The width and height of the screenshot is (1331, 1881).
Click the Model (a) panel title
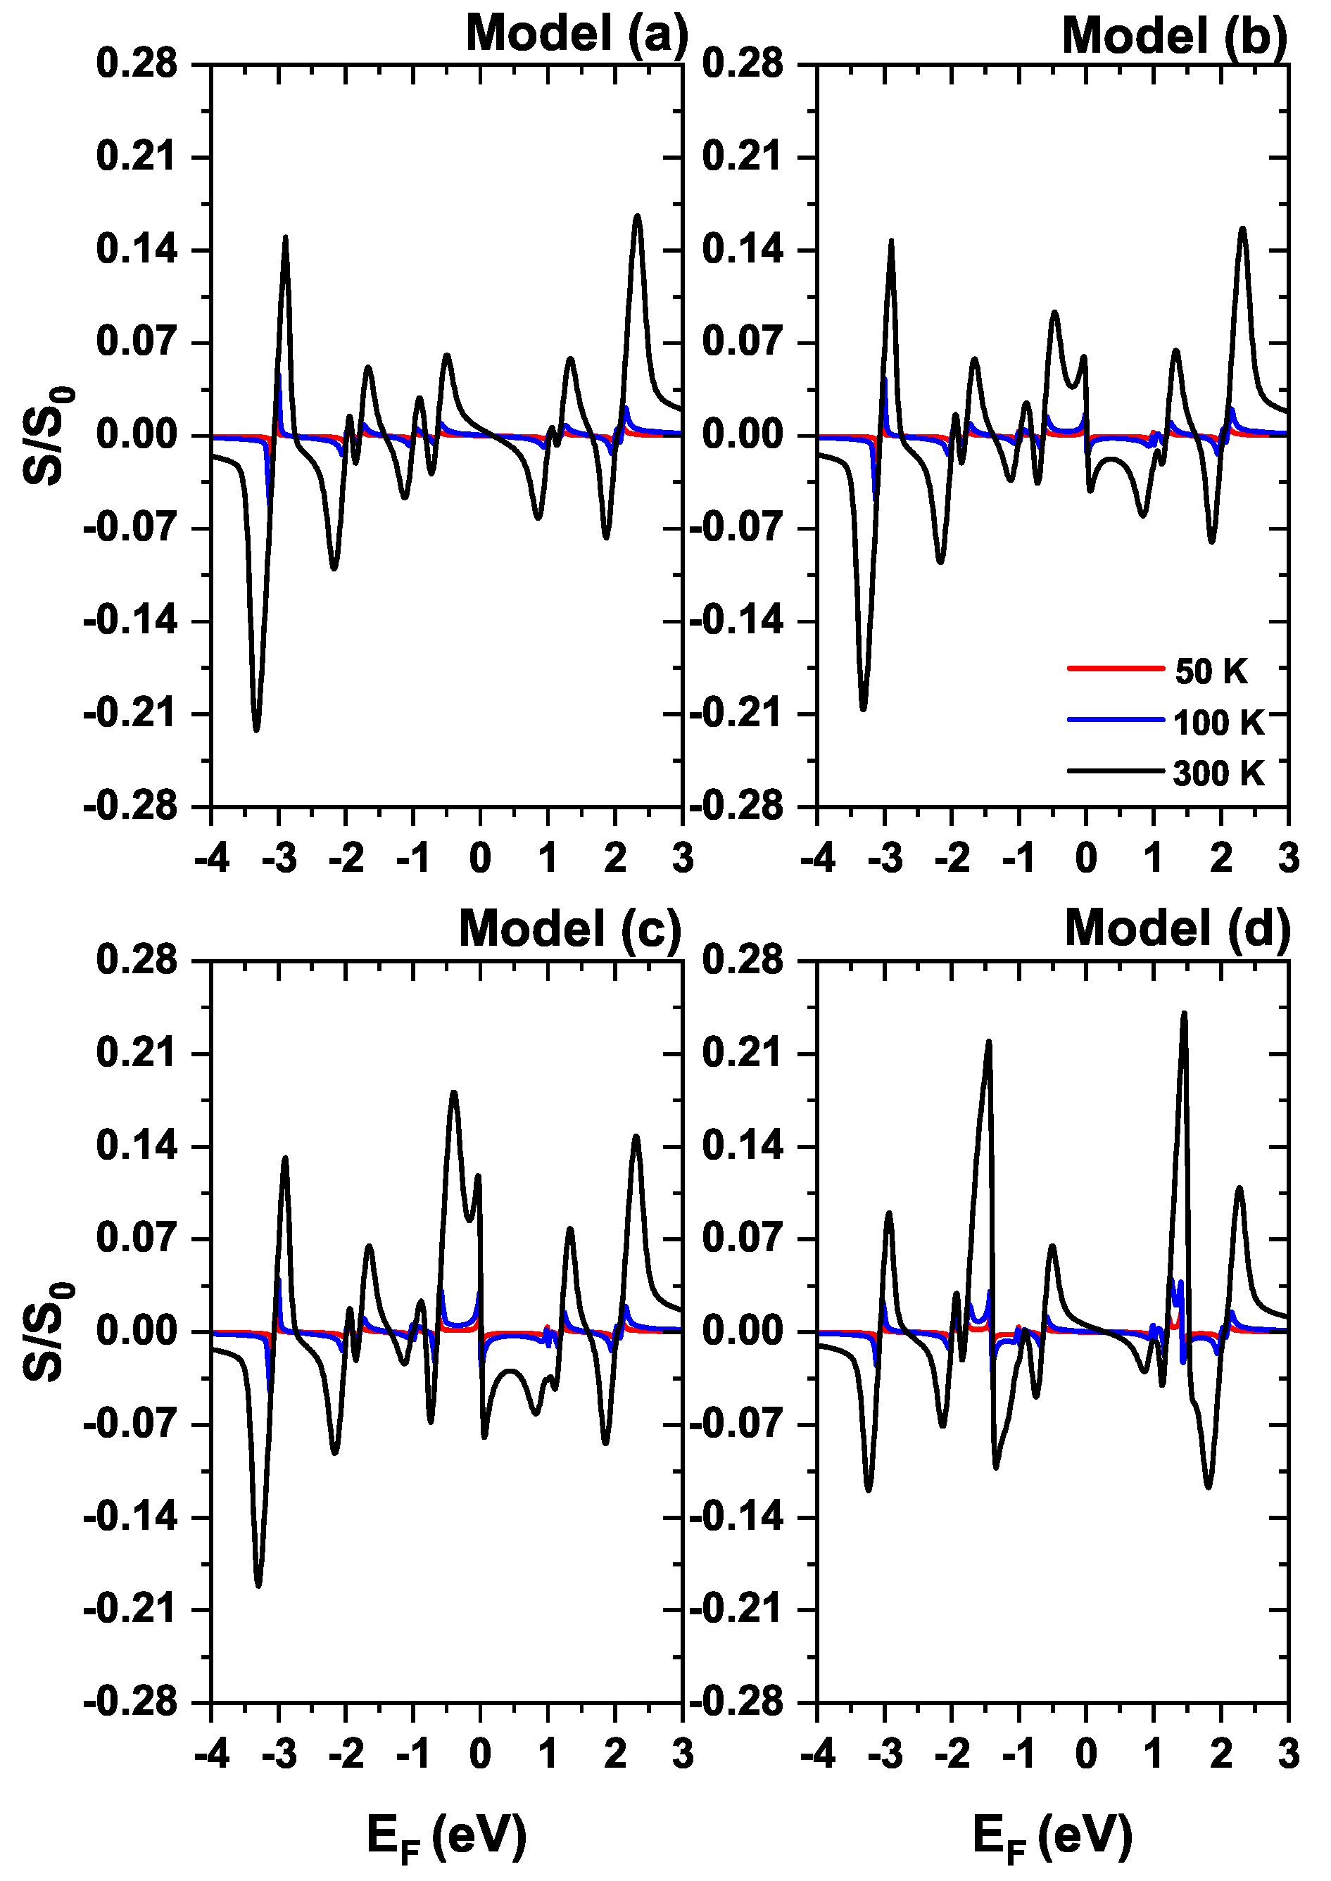click(x=576, y=34)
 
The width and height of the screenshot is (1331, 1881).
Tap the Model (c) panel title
click(x=569, y=930)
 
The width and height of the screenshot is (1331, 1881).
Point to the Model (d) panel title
click(x=1177, y=930)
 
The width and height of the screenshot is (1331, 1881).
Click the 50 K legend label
click(x=1211, y=672)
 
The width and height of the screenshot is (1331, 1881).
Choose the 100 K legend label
click(x=1218, y=723)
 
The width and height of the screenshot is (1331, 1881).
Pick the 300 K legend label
click(x=1218, y=773)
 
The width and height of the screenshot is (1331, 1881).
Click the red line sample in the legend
click(x=1116, y=669)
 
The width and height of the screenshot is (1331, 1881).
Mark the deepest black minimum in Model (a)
click(x=256, y=728)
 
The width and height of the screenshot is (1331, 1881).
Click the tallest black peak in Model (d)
click(x=1183, y=1014)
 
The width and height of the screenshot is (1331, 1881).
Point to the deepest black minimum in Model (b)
click(x=863, y=708)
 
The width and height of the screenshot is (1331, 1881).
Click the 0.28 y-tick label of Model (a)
click(x=136, y=64)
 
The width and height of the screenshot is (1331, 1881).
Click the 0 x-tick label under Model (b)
click(x=1085, y=859)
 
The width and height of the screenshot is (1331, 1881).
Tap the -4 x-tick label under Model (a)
click(x=211, y=859)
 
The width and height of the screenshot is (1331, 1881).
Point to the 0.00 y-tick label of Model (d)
click(x=743, y=1331)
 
